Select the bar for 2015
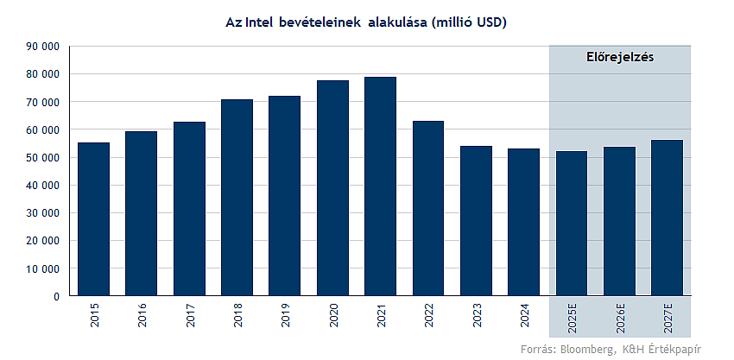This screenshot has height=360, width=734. [93, 219]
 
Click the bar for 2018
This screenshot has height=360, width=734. [237, 198]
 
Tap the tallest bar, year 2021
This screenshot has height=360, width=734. [380, 186]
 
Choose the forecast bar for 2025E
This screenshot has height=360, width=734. [571, 224]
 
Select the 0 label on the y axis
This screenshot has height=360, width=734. [56, 296]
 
